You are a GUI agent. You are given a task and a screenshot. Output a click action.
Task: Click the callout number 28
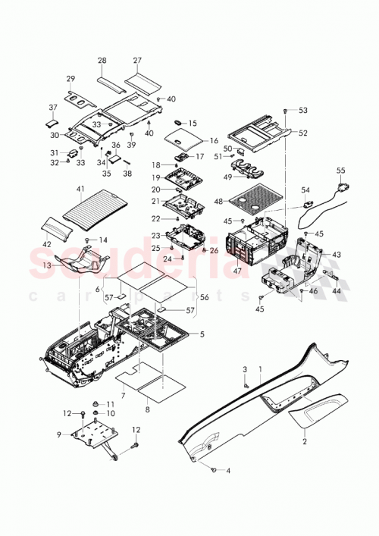click(102, 60)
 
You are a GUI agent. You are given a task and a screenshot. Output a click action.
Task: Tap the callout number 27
click(137, 60)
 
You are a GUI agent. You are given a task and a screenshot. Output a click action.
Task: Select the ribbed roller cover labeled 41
click(93, 207)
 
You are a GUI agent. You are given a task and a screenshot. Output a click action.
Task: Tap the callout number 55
click(340, 171)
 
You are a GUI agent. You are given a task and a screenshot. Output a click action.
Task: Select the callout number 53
click(303, 111)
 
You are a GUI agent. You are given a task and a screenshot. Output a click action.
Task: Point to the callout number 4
click(228, 471)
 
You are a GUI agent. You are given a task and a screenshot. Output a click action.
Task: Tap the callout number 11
click(110, 404)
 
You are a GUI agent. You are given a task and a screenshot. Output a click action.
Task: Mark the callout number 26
click(214, 251)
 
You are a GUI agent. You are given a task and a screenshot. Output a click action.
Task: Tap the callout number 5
click(201, 334)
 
